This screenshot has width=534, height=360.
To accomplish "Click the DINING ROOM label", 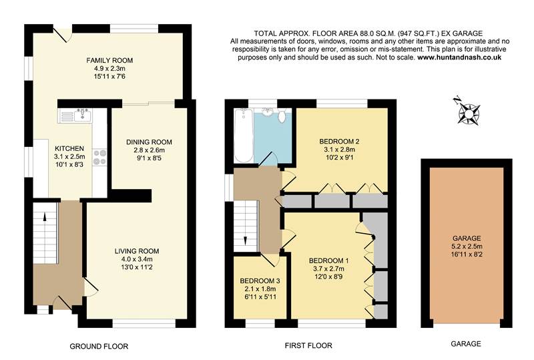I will click(150, 142).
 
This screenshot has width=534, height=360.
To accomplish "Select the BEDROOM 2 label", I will click(339, 142).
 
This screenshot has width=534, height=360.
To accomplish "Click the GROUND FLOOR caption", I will click(99, 346).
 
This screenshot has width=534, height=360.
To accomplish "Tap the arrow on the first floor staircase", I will click(246, 239).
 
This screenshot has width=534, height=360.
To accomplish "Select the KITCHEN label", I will click(69, 148).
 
